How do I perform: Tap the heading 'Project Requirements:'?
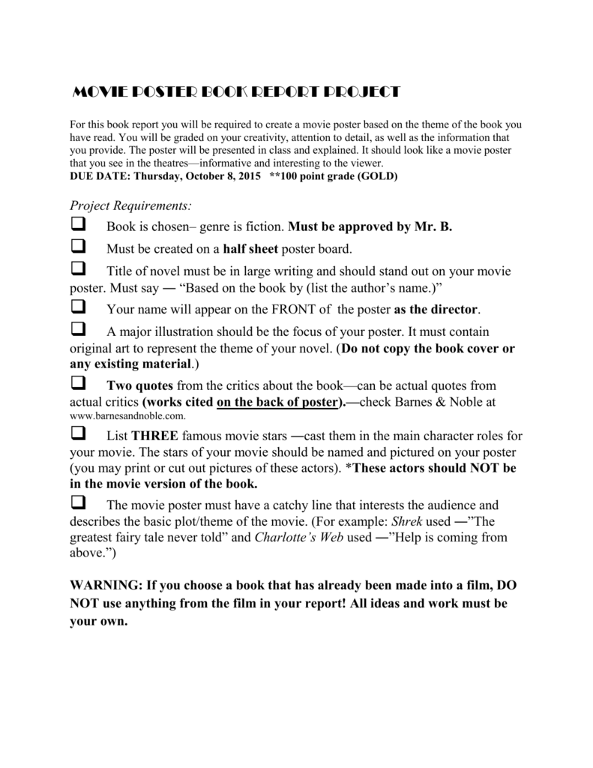[130, 205]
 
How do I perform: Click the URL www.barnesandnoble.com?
[127, 415]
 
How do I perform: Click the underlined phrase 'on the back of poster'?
[274, 402]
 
